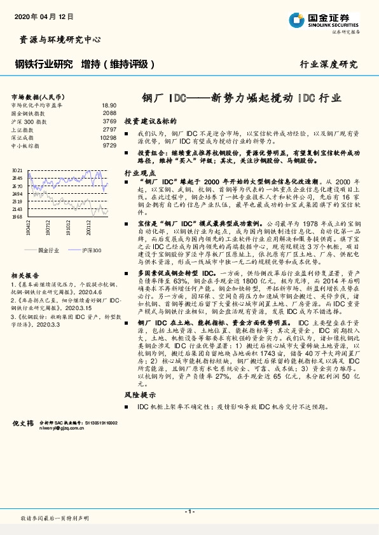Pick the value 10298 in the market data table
click(x=108, y=137)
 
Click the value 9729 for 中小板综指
click(x=109, y=146)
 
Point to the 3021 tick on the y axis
click(x=17, y=171)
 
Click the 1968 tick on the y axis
click(x=17, y=217)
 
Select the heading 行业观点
click(x=140, y=173)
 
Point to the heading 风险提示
click(x=140, y=395)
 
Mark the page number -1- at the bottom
click(x=190, y=511)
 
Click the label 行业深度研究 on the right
click(x=329, y=64)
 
